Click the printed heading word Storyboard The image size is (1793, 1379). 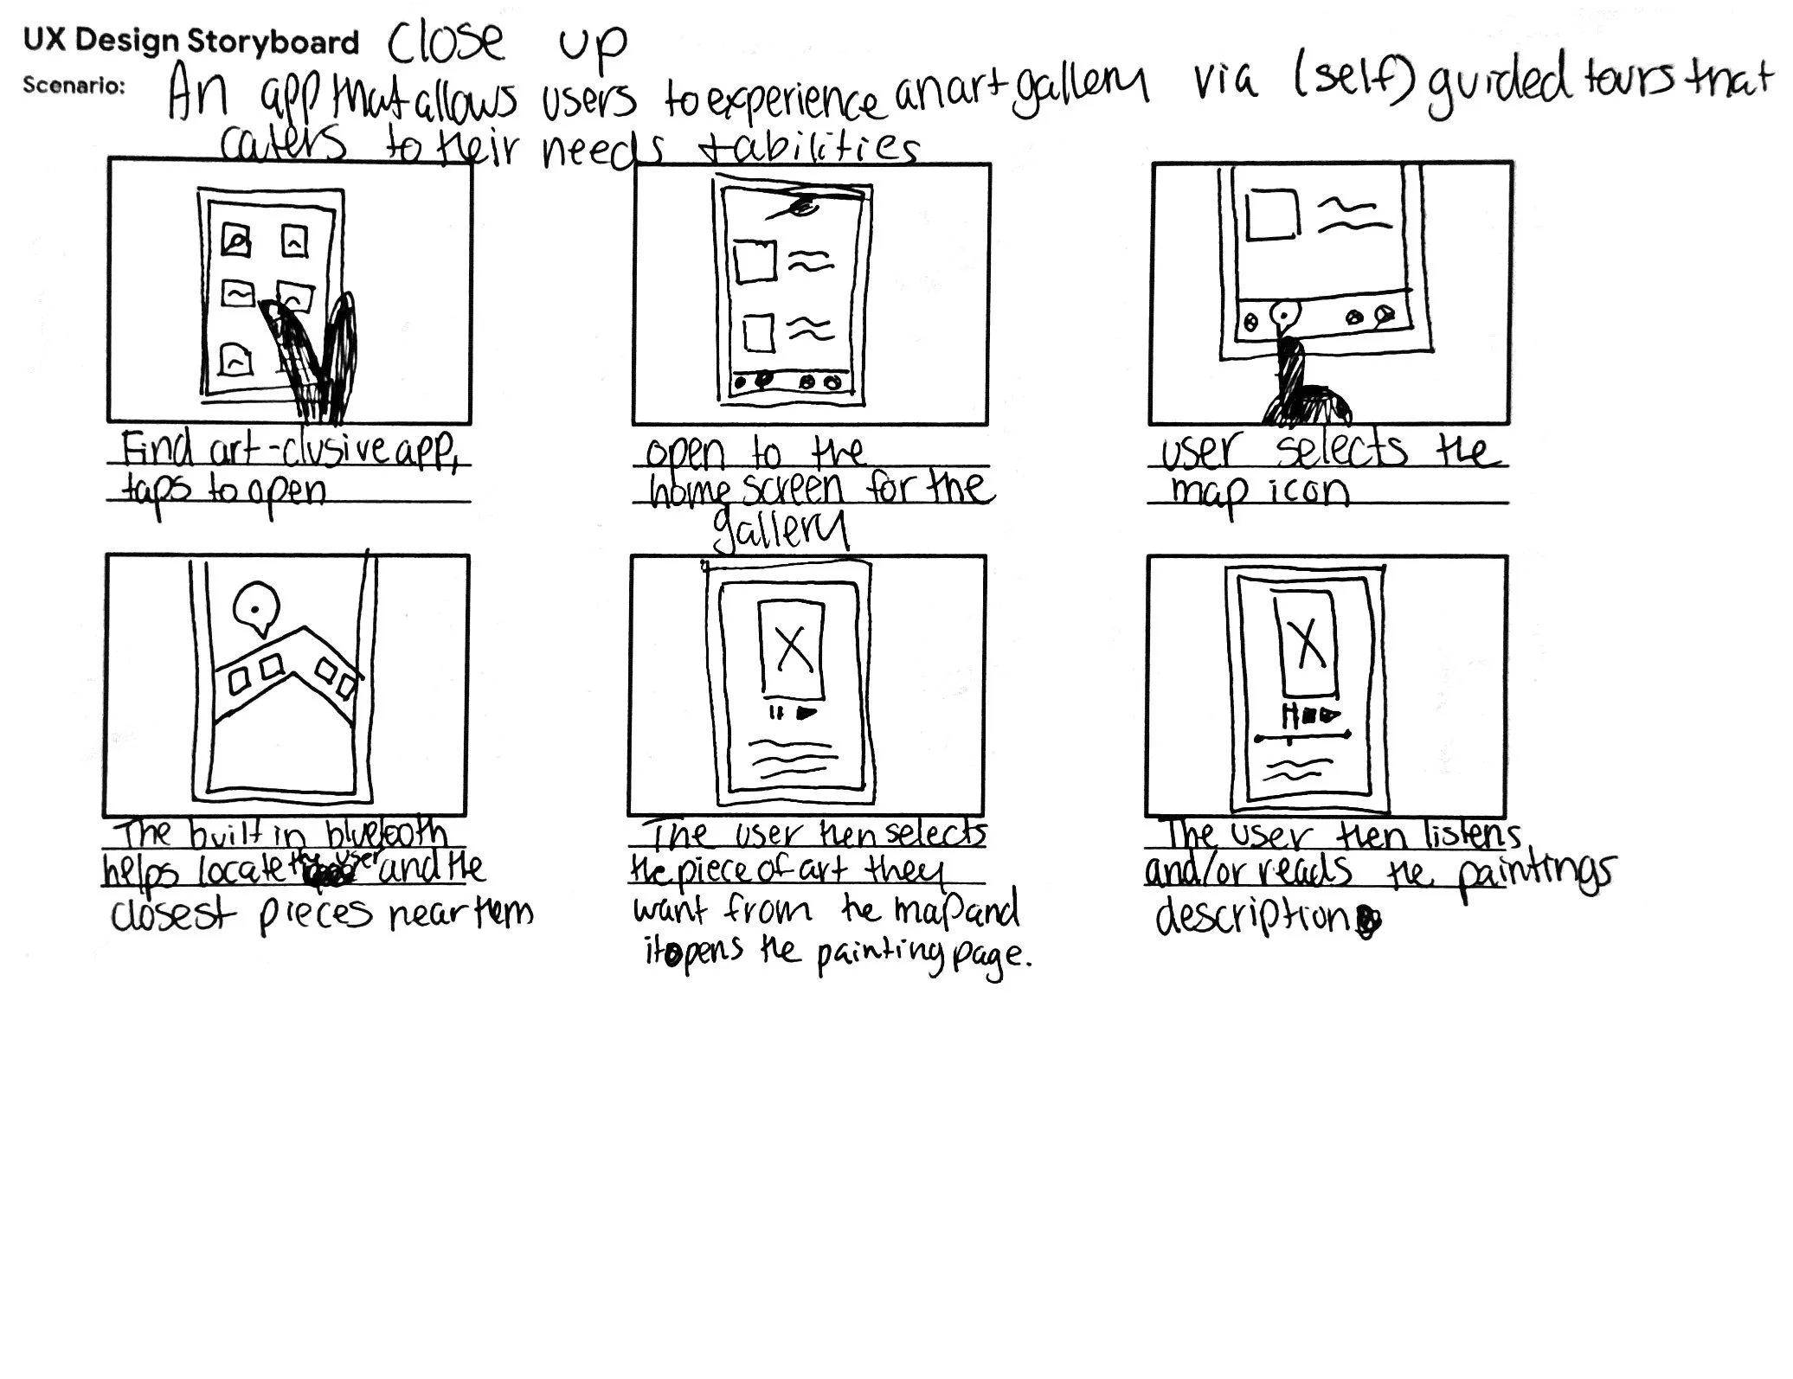click(272, 42)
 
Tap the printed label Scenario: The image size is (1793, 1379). click(74, 85)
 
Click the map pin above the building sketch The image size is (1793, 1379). click(255, 606)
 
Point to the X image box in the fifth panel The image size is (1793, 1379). click(791, 648)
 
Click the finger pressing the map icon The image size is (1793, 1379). click(1298, 381)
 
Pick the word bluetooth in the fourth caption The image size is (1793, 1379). click(387, 836)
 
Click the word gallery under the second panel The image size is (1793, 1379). click(779, 529)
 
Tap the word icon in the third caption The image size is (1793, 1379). click(1309, 491)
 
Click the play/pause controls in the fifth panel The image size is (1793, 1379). click(793, 714)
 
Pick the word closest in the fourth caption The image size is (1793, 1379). click(173, 914)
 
